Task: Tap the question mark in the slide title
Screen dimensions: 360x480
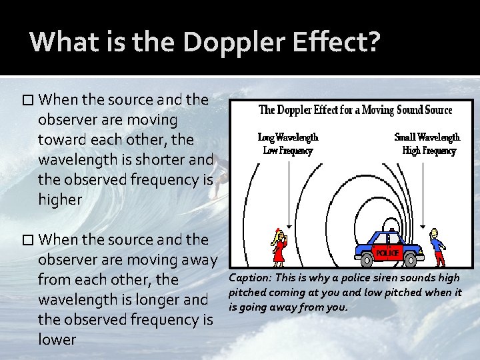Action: point(374,41)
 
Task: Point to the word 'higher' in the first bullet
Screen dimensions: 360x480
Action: point(60,200)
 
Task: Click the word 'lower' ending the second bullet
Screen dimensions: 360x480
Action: point(57,339)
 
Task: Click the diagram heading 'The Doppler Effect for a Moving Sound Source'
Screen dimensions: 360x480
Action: point(355,110)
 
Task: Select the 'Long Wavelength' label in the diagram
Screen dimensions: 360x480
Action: point(288,137)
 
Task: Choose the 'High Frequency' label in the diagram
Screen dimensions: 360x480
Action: point(429,151)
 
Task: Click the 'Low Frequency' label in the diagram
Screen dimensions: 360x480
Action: point(288,151)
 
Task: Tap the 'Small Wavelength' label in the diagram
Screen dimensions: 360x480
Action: point(427,137)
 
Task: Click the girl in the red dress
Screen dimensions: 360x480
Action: point(279,248)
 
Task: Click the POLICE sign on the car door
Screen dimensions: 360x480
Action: point(387,253)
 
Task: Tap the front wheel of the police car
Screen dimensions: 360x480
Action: point(412,259)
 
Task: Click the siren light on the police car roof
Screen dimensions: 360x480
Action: point(391,231)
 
